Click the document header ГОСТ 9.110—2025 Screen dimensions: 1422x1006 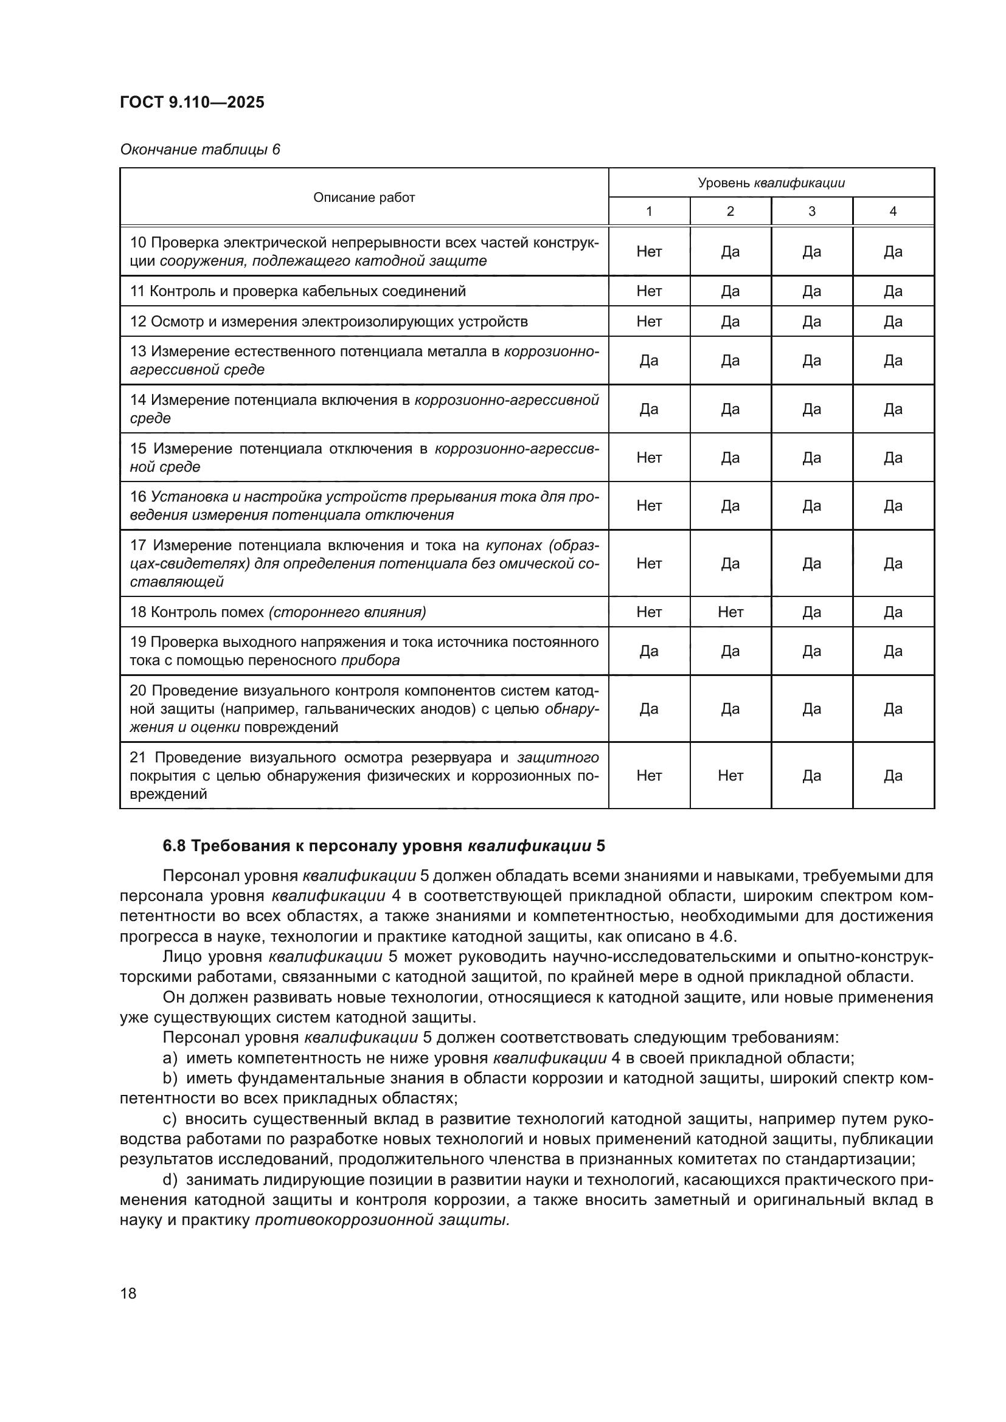[192, 102]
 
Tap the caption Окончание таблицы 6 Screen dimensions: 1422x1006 [199, 150]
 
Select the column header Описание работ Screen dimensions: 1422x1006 [364, 198]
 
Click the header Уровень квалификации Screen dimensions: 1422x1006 [771, 183]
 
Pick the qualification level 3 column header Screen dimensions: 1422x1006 [811, 211]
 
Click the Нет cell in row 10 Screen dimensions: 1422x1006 [648, 252]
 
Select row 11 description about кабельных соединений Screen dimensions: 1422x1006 [297, 291]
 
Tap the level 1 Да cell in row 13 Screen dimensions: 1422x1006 [648, 361]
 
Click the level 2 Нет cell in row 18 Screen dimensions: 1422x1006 [730, 612]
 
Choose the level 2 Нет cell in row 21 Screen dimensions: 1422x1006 [730, 775]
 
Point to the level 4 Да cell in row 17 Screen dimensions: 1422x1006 [893, 563]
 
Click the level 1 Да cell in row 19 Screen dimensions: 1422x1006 [648, 651]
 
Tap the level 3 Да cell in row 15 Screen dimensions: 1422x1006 [811, 458]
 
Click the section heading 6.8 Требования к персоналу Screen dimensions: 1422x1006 [384, 846]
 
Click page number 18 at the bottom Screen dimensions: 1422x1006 [128, 1293]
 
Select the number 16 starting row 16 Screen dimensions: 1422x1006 [138, 497]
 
